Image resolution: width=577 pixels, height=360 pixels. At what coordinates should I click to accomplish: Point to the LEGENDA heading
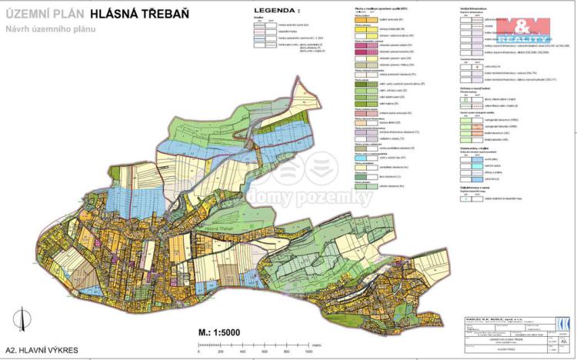(x=275, y=11)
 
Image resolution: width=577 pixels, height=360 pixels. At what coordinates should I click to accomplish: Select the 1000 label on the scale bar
(x=309, y=351)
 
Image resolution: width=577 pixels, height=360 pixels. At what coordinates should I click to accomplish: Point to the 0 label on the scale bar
(x=198, y=351)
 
